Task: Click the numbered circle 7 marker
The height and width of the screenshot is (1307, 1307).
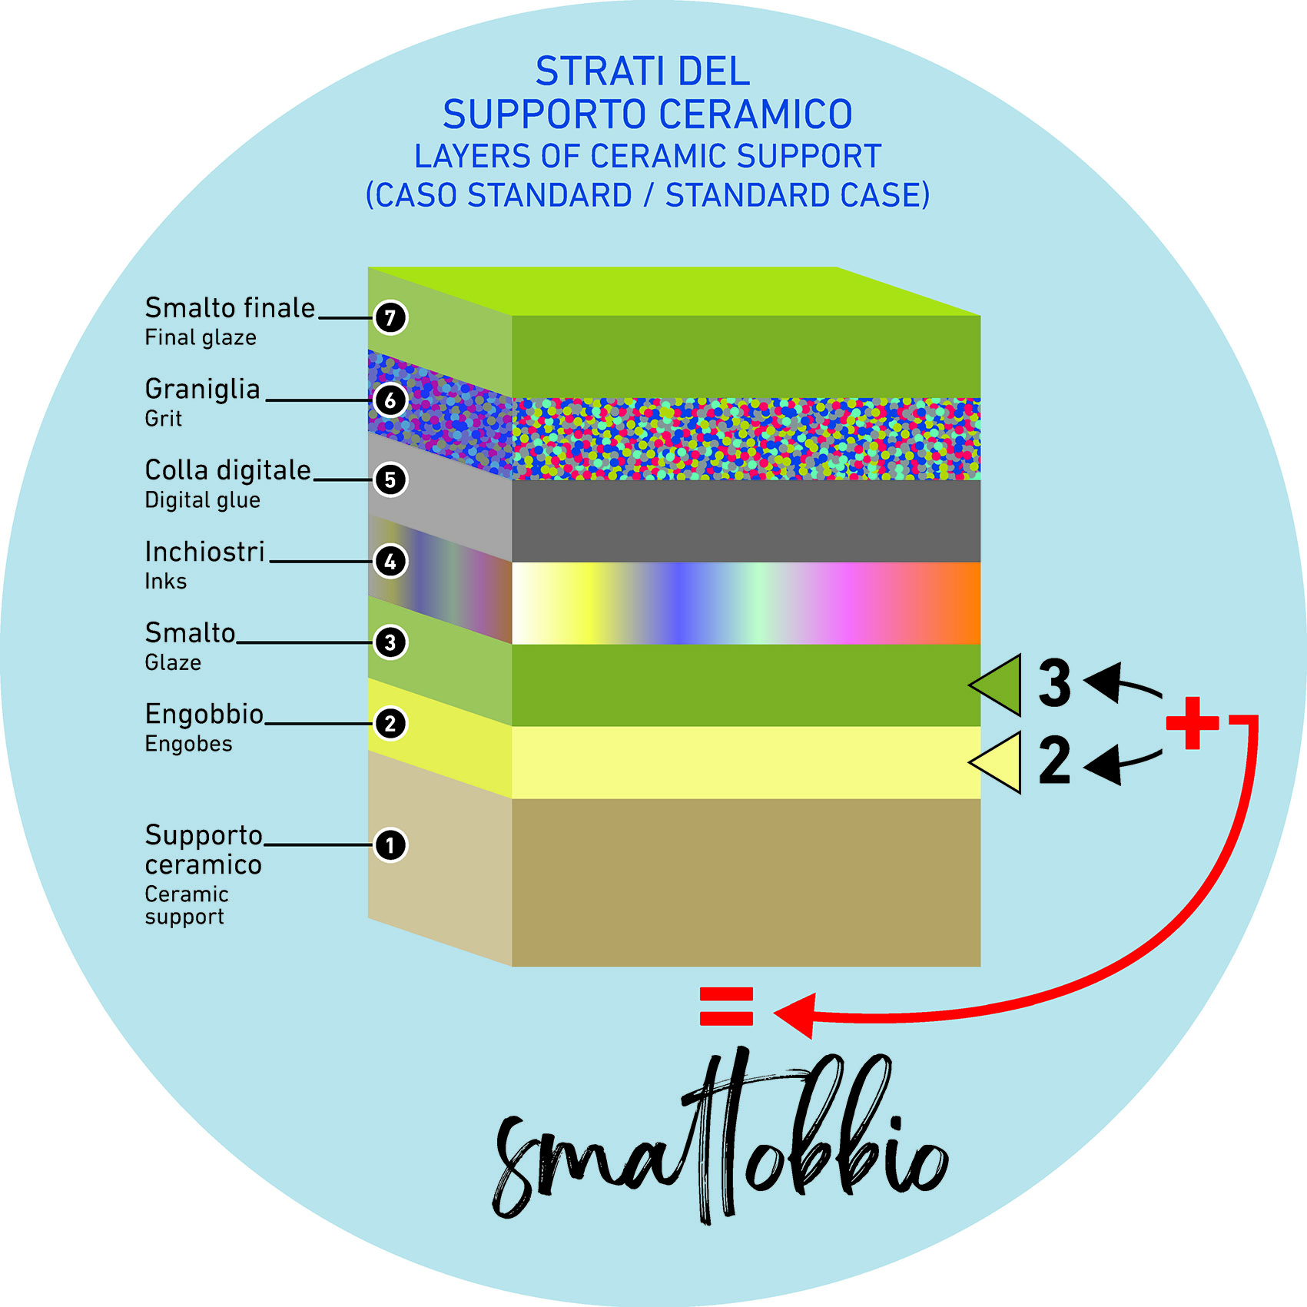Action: (x=390, y=317)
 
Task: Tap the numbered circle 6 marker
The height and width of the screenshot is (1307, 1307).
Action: (x=390, y=400)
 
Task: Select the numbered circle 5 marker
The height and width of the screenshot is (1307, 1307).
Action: (x=390, y=480)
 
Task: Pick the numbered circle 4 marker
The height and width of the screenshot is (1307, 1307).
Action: (x=390, y=562)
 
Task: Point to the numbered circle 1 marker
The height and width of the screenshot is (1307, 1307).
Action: (x=390, y=845)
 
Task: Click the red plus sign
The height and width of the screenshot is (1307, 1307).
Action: (x=1192, y=723)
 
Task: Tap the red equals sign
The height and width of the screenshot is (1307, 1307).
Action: (x=726, y=1006)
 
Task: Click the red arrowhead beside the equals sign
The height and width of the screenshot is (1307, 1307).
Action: (x=796, y=1014)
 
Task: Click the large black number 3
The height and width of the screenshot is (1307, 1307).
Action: (x=1055, y=682)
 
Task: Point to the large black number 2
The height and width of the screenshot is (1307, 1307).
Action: (x=1054, y=761)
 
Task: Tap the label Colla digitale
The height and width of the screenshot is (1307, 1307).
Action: (x=228, y=470)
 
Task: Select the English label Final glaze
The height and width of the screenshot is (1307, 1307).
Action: (x=201, y=338)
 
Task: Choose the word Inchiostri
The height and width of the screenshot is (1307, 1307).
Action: (x=205, y=552)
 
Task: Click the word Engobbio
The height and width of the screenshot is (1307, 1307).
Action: (x=204, y=715)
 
